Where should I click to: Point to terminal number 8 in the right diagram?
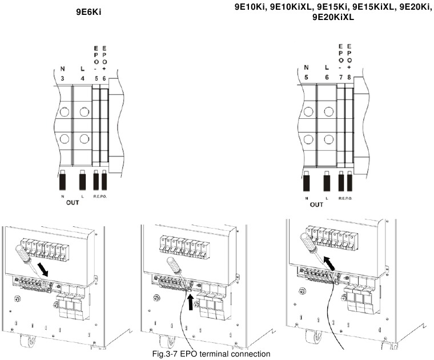349,75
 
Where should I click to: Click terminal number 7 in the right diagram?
340,75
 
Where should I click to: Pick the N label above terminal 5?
306,67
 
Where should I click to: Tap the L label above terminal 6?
327,67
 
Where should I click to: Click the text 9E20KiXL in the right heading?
333,18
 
